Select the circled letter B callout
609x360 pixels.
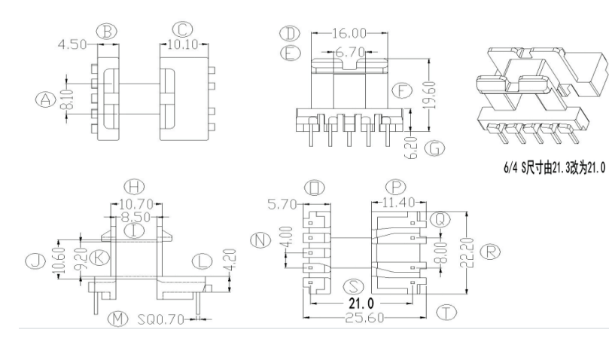(108, 31)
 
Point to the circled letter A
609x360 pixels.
(47, 99)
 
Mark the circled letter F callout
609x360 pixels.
(402, 92)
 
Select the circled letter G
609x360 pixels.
(434, 148)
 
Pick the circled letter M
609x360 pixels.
(117, 319)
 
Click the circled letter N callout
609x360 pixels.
(261, 240)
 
